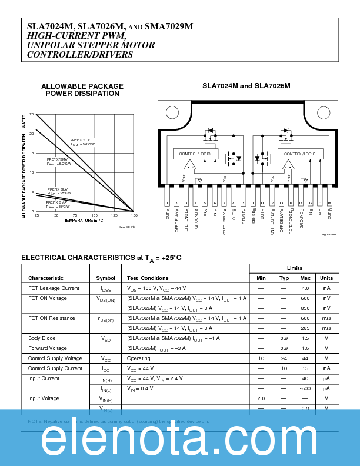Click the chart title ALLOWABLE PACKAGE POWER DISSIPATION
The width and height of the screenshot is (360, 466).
pyautogui.click(x=82, y=90)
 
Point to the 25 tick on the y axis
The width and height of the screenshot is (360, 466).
pyautogui.click(x=32, y=114)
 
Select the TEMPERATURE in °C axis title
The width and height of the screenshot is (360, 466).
pyautogui.click(x=84, y=221)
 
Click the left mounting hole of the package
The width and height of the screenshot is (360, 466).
pyautogui.click(x=172, y=113)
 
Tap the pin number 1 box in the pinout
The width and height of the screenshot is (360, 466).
pyautogui.click(x=168, y=204)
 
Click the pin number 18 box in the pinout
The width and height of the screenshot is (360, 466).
pyautogui.click(x=329, y=204)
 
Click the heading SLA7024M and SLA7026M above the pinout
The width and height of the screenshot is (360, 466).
pyautogui.click(x=246, y=86)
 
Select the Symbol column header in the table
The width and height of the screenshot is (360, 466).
pyautogui.click(x=106, y=278)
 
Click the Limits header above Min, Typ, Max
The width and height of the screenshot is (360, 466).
pyautogui.click(x=295, y=268)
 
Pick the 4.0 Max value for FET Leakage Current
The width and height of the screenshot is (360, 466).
pyautogui.click(x=305, y=288)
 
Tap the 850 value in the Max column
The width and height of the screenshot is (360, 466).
pyautogui.click(x=305, y=308)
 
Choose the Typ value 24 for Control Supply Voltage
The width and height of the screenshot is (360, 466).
pyautogui.click(x=284, y=358)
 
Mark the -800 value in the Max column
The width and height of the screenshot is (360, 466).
pyautogui.click(x=305, y=388)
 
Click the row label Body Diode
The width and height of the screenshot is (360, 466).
pyautogui.click(x=42, y=338)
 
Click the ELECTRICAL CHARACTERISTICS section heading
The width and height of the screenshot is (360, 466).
pyautogui.click(x=101, y=258)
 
